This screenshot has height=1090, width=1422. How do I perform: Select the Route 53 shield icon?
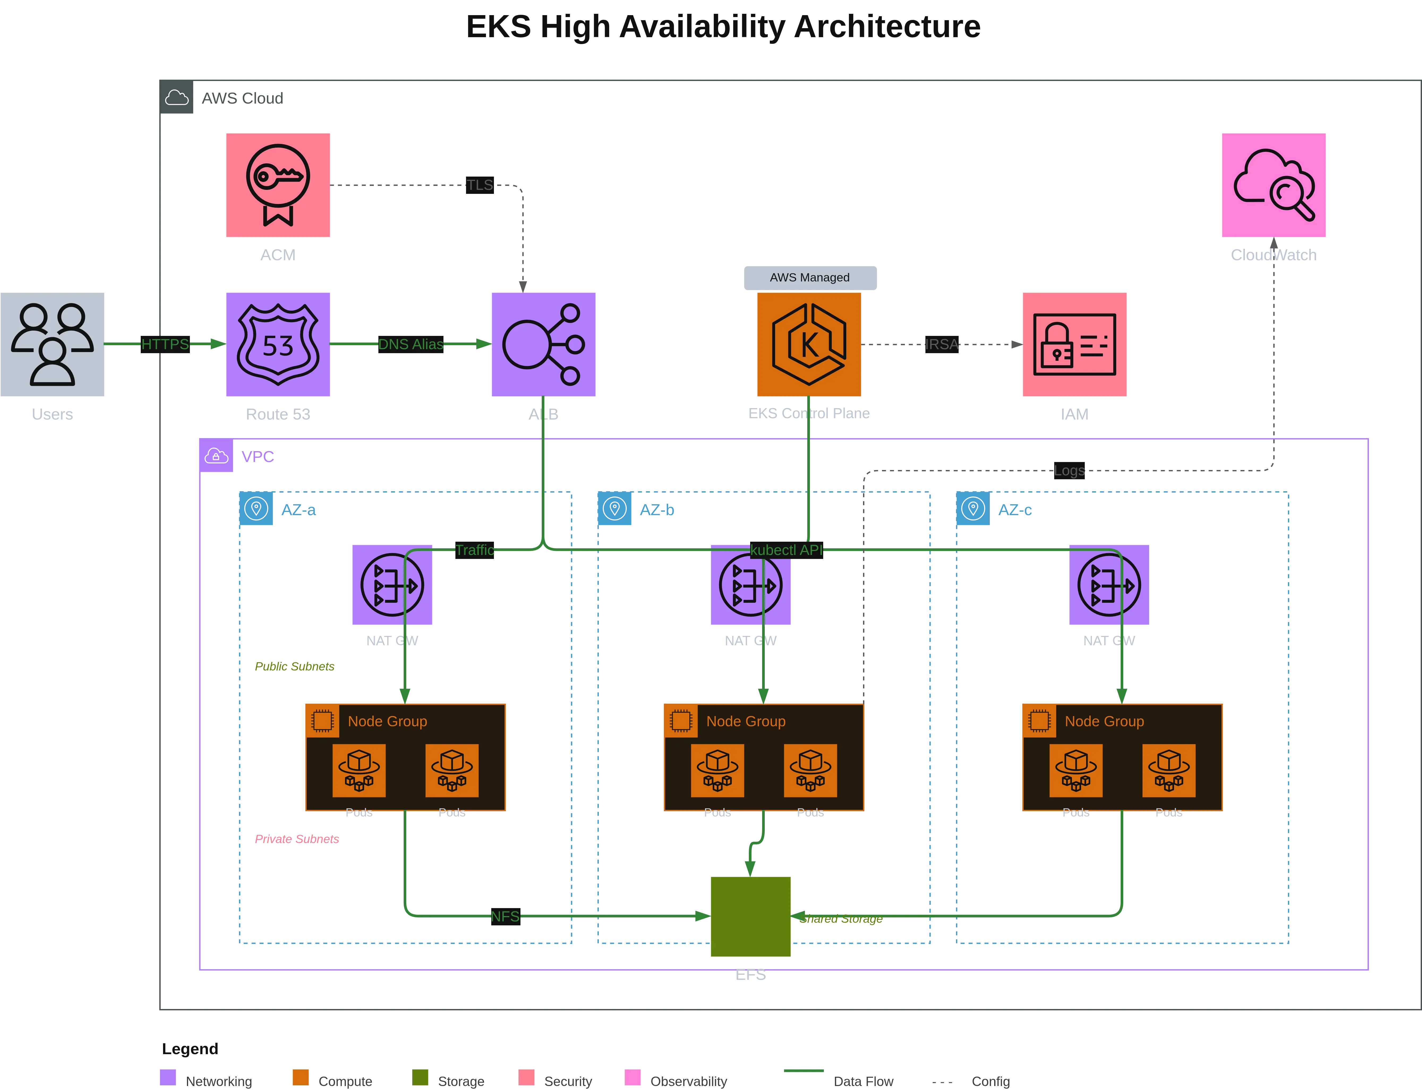coord(278,344)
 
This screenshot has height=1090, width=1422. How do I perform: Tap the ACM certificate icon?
coord(278,185)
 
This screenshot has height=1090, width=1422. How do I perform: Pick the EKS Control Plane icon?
coord(809,344)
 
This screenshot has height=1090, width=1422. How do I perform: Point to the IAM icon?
coord(1074,344)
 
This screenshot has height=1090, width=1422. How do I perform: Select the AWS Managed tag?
coord(810,278)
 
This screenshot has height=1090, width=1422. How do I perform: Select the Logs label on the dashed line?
coord(1069,471)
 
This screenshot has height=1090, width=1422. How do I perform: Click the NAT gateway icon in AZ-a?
coord(392,585)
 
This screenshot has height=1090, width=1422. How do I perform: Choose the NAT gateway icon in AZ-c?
coord(1109,585)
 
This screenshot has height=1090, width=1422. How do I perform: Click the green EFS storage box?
coord(751,916)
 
